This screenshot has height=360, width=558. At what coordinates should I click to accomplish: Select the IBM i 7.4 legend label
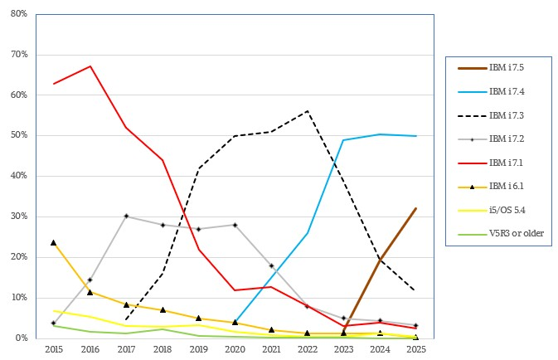point(506,91)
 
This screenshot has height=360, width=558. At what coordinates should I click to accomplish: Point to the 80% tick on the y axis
point(21,14)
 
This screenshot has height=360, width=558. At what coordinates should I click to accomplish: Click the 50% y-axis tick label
point(21,135)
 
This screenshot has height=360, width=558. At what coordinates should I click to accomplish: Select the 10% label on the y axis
point(21,298)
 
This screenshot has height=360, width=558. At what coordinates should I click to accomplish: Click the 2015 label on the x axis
point(53,350)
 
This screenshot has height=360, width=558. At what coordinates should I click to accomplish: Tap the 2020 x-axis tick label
point(235,350)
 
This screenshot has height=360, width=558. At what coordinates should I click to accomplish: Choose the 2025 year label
point(415,350)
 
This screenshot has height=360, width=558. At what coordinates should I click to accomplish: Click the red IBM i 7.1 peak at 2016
point(90,66)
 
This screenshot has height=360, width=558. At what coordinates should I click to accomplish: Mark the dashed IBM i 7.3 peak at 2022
point(307,111)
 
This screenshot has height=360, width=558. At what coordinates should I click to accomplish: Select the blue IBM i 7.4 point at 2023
point(343,140)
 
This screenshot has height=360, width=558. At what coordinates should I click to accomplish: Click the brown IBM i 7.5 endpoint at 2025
point(415,208)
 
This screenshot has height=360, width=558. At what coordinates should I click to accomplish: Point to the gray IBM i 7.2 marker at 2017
point(126,216)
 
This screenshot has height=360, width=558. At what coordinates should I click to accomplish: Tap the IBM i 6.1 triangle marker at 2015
point(53,242)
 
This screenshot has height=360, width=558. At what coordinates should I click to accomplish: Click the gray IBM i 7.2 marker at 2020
point(235,225)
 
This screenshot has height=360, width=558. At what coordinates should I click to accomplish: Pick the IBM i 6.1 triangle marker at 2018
point(163,310)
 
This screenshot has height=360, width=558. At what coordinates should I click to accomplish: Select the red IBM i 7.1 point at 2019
point(198,249)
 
